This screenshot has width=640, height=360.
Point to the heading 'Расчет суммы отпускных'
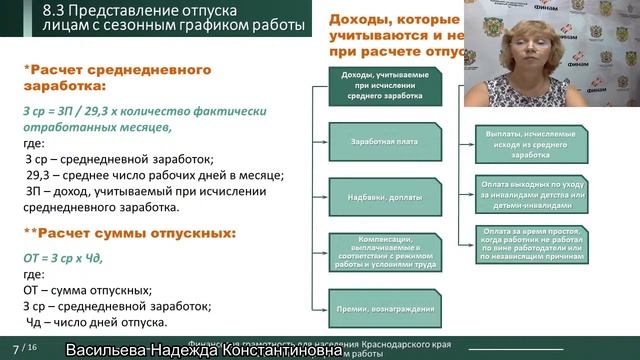coord(130,233)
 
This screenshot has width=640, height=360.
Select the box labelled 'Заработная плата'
coord(385,142)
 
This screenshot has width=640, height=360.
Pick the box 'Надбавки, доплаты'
coord(385,195)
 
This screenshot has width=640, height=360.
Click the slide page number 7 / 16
coord(24,347)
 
